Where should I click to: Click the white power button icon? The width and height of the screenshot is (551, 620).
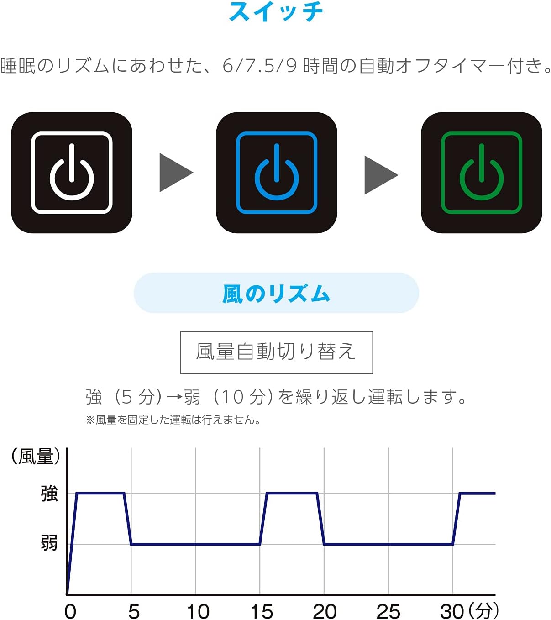[72, 173]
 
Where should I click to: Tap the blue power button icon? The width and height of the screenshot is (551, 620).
[277, 173]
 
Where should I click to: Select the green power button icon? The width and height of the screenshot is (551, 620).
[482, 173]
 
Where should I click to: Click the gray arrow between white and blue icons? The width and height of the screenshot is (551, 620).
[176, 173]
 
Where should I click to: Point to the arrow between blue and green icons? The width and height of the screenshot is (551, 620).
[381, 175]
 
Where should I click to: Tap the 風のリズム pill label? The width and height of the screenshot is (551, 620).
[276, 293]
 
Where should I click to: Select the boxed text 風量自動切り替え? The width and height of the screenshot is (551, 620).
[277, 352]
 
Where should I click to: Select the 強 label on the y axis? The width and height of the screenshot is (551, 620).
[49, 494]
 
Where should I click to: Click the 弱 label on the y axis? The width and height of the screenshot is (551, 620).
[49, 542]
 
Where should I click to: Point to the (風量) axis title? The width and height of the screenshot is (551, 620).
[36, 456]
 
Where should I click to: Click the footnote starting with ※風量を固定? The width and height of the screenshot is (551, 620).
[173, 420]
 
